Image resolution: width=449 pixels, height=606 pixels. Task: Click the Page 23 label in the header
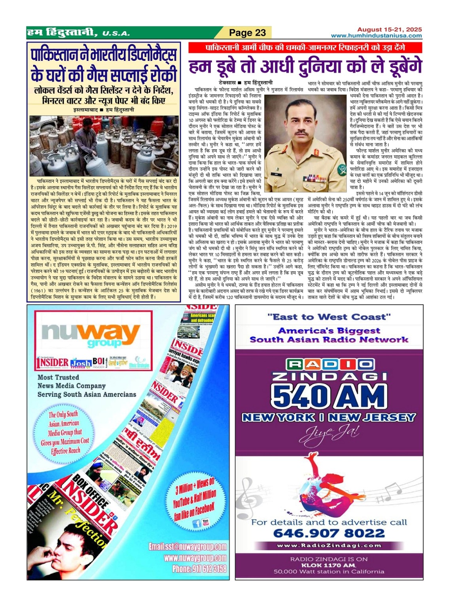pos(248,32)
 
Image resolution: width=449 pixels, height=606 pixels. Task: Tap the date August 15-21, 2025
pos(389,30)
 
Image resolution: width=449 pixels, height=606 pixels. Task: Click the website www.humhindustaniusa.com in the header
pos(376,36)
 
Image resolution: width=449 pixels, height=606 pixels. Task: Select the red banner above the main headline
pos(305,48)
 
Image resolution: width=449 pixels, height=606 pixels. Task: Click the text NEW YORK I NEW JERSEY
pos(329,417)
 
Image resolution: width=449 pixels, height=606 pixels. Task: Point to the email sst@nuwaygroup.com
pos(188,547)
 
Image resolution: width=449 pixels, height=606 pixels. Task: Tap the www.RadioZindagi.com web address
pos(329,546)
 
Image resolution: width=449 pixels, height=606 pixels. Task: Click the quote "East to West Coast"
pos(329,317)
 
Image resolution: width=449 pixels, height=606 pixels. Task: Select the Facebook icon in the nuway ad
pos(196,524)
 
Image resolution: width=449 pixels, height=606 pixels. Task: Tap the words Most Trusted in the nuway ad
pos(58,378)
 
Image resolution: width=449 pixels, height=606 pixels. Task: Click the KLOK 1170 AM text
pos(329,565)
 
